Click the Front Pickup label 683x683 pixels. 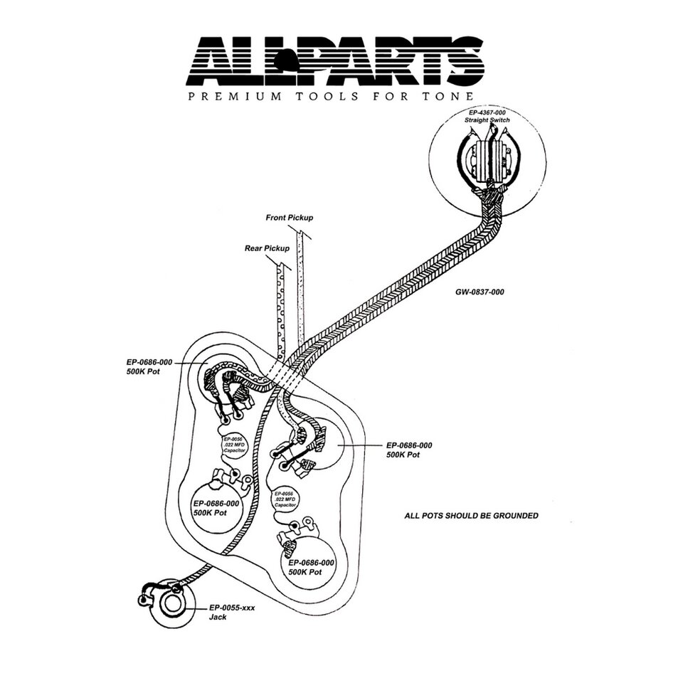[289, 218]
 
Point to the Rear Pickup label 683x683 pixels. [267, 248]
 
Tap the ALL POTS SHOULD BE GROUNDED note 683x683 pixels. [471, 515]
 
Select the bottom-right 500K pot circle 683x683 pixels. [310, 566]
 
